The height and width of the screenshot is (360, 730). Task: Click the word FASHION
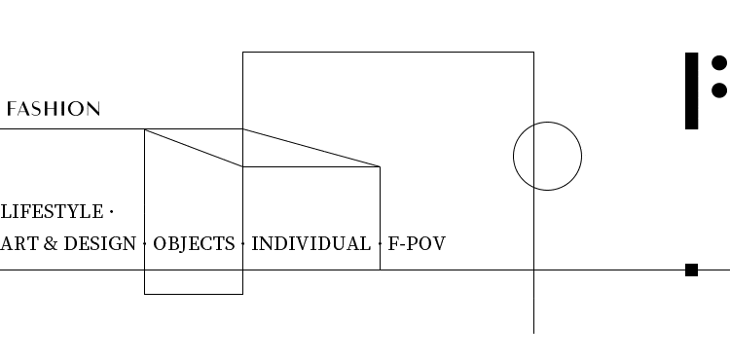tap(54, 109)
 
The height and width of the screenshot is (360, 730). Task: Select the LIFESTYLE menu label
tap(53, 212)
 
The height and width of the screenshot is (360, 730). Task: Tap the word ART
tap(19, 243)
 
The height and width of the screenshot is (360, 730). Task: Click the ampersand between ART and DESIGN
tap(51, 243)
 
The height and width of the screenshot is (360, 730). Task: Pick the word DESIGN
tap(99, 243)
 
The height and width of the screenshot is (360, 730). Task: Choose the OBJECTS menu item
tap(194, 243)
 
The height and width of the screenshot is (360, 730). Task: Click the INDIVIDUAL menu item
tap(311, 243)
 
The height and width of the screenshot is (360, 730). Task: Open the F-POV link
tap(417, 243)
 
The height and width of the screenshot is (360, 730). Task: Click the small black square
tap(691, 270)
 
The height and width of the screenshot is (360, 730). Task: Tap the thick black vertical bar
tap(692, 90)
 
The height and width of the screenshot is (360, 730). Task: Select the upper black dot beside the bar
tap(719, 63)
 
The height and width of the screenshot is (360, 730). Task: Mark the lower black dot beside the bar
tap(719, 90)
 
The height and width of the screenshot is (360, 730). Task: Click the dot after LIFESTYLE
tap(111, 212)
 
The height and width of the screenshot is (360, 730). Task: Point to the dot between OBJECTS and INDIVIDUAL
tap(243, 243)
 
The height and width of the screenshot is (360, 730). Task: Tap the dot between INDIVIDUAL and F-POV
tap(380, 243)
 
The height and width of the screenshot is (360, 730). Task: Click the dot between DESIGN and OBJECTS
tap(144, 243)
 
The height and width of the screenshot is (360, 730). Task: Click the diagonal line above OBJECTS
tap(194, 148)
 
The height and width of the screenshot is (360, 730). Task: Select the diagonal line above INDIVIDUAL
tap(311, 148)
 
